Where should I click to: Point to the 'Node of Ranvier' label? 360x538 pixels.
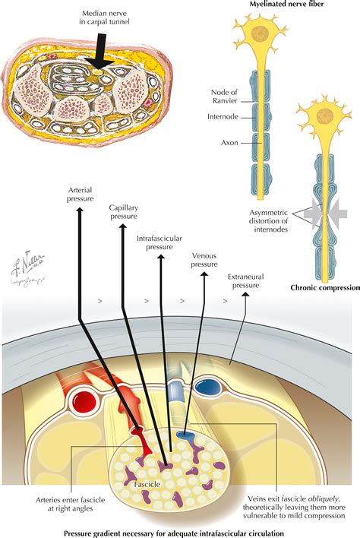tap(225, 97)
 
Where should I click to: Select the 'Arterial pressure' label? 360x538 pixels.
tap(81, 195)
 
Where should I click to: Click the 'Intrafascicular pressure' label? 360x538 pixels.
tap(159, 242)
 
